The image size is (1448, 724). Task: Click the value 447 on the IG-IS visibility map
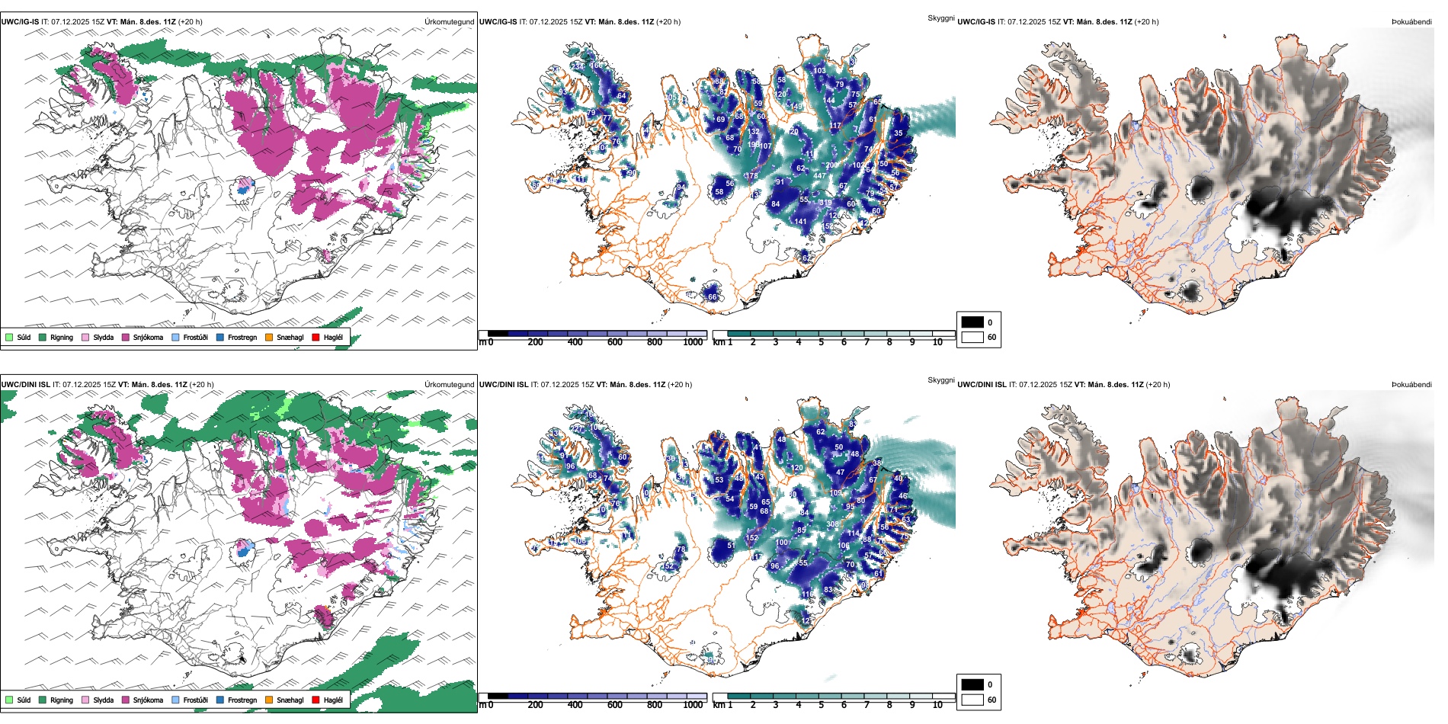click(x=819, y=176)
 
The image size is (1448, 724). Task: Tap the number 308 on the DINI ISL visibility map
click(x=832, y=524)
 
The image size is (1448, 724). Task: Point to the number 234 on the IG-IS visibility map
click(x=577, y=66)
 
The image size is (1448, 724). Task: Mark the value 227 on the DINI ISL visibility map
click(x=577, y=429)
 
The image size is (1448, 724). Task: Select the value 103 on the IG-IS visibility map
click(x=819, y=71)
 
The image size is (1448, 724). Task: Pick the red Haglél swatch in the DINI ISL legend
click(x=316, y=700)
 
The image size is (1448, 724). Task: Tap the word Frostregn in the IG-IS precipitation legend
click(x=242, y=337)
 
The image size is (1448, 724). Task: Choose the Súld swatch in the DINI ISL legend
click(x=9, y=700)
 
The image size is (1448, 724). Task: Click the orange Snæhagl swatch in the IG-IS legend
click(x=269, y=337)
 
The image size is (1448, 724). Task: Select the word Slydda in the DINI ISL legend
click(x=103, y=700)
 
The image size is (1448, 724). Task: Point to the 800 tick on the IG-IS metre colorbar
click(x=654, y=342)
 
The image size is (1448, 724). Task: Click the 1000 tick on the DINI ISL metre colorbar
click(x=693, y=705)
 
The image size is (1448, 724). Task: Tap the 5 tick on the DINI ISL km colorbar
click(x=821, y=705)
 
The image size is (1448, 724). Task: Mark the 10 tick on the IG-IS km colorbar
click(x=937, y=342)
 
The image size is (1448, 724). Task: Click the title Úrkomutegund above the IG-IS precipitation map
click(x=449, y=22)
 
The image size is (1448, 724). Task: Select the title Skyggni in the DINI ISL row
click(x=940, y=380)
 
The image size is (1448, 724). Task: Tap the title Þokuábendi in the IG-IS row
click(x=1411, y=22)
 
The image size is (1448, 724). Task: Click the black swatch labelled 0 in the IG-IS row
click(x=972, y=322)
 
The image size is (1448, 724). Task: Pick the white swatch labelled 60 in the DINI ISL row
click(x=972, y=700)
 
